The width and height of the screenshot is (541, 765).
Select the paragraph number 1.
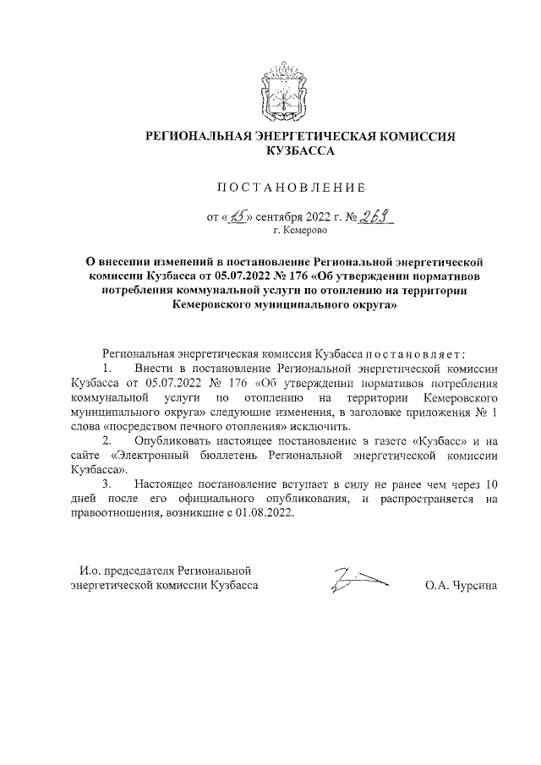coord(107,369)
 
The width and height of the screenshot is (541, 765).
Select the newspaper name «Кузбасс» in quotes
coord(443,441)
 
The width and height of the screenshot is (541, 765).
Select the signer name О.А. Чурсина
coord(462,585)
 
